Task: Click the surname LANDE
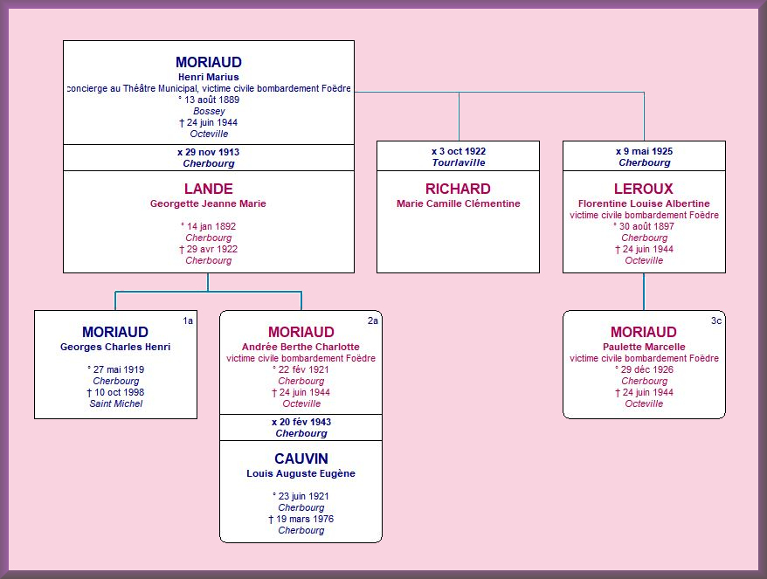click(209, 189)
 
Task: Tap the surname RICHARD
click(458, 189)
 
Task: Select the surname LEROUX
click(644, 189)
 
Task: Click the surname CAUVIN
click(301, 458)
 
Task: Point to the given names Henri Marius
click(209, 77)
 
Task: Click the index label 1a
click(188, 321)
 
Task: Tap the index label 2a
click(373, 321)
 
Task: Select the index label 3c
click(716, 321)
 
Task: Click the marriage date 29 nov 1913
click(212, 152)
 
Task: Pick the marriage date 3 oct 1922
click(462, 151)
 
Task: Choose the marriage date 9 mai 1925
click(648, 151)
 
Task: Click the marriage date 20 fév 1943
click(305, 422)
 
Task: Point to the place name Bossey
click(209, 111)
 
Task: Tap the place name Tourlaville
click(459, 162)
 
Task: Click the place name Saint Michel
click(116, 403)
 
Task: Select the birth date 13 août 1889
click(211, 100)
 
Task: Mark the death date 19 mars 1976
click(305, 519)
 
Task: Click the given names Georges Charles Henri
click(115, 347)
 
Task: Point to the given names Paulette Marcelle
click(644, 347)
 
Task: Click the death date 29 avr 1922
click(211, 249)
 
